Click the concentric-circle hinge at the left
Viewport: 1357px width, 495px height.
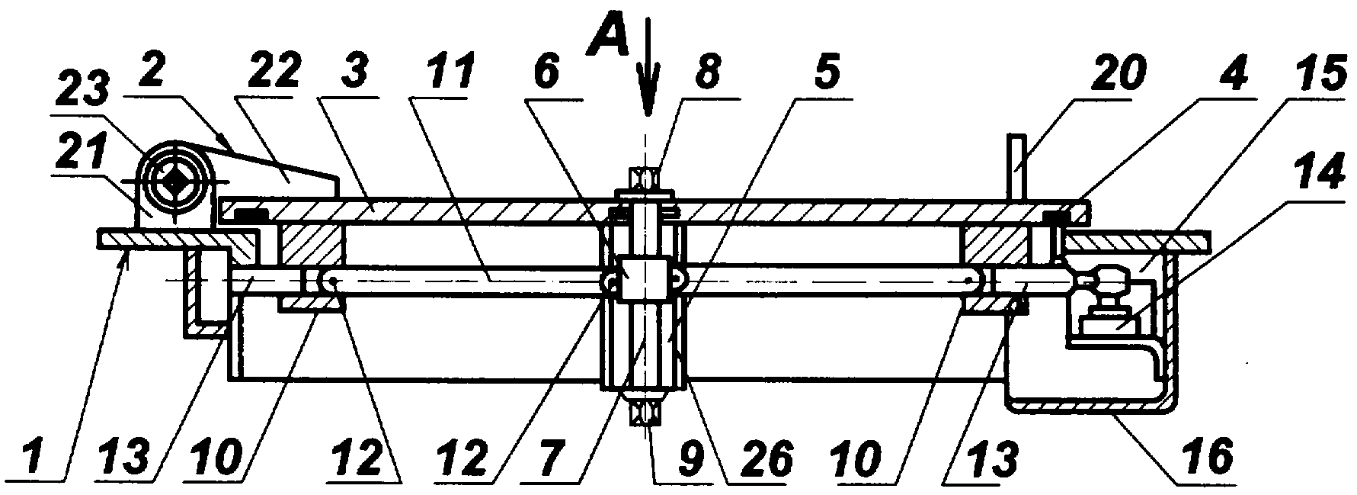point(174,182)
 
